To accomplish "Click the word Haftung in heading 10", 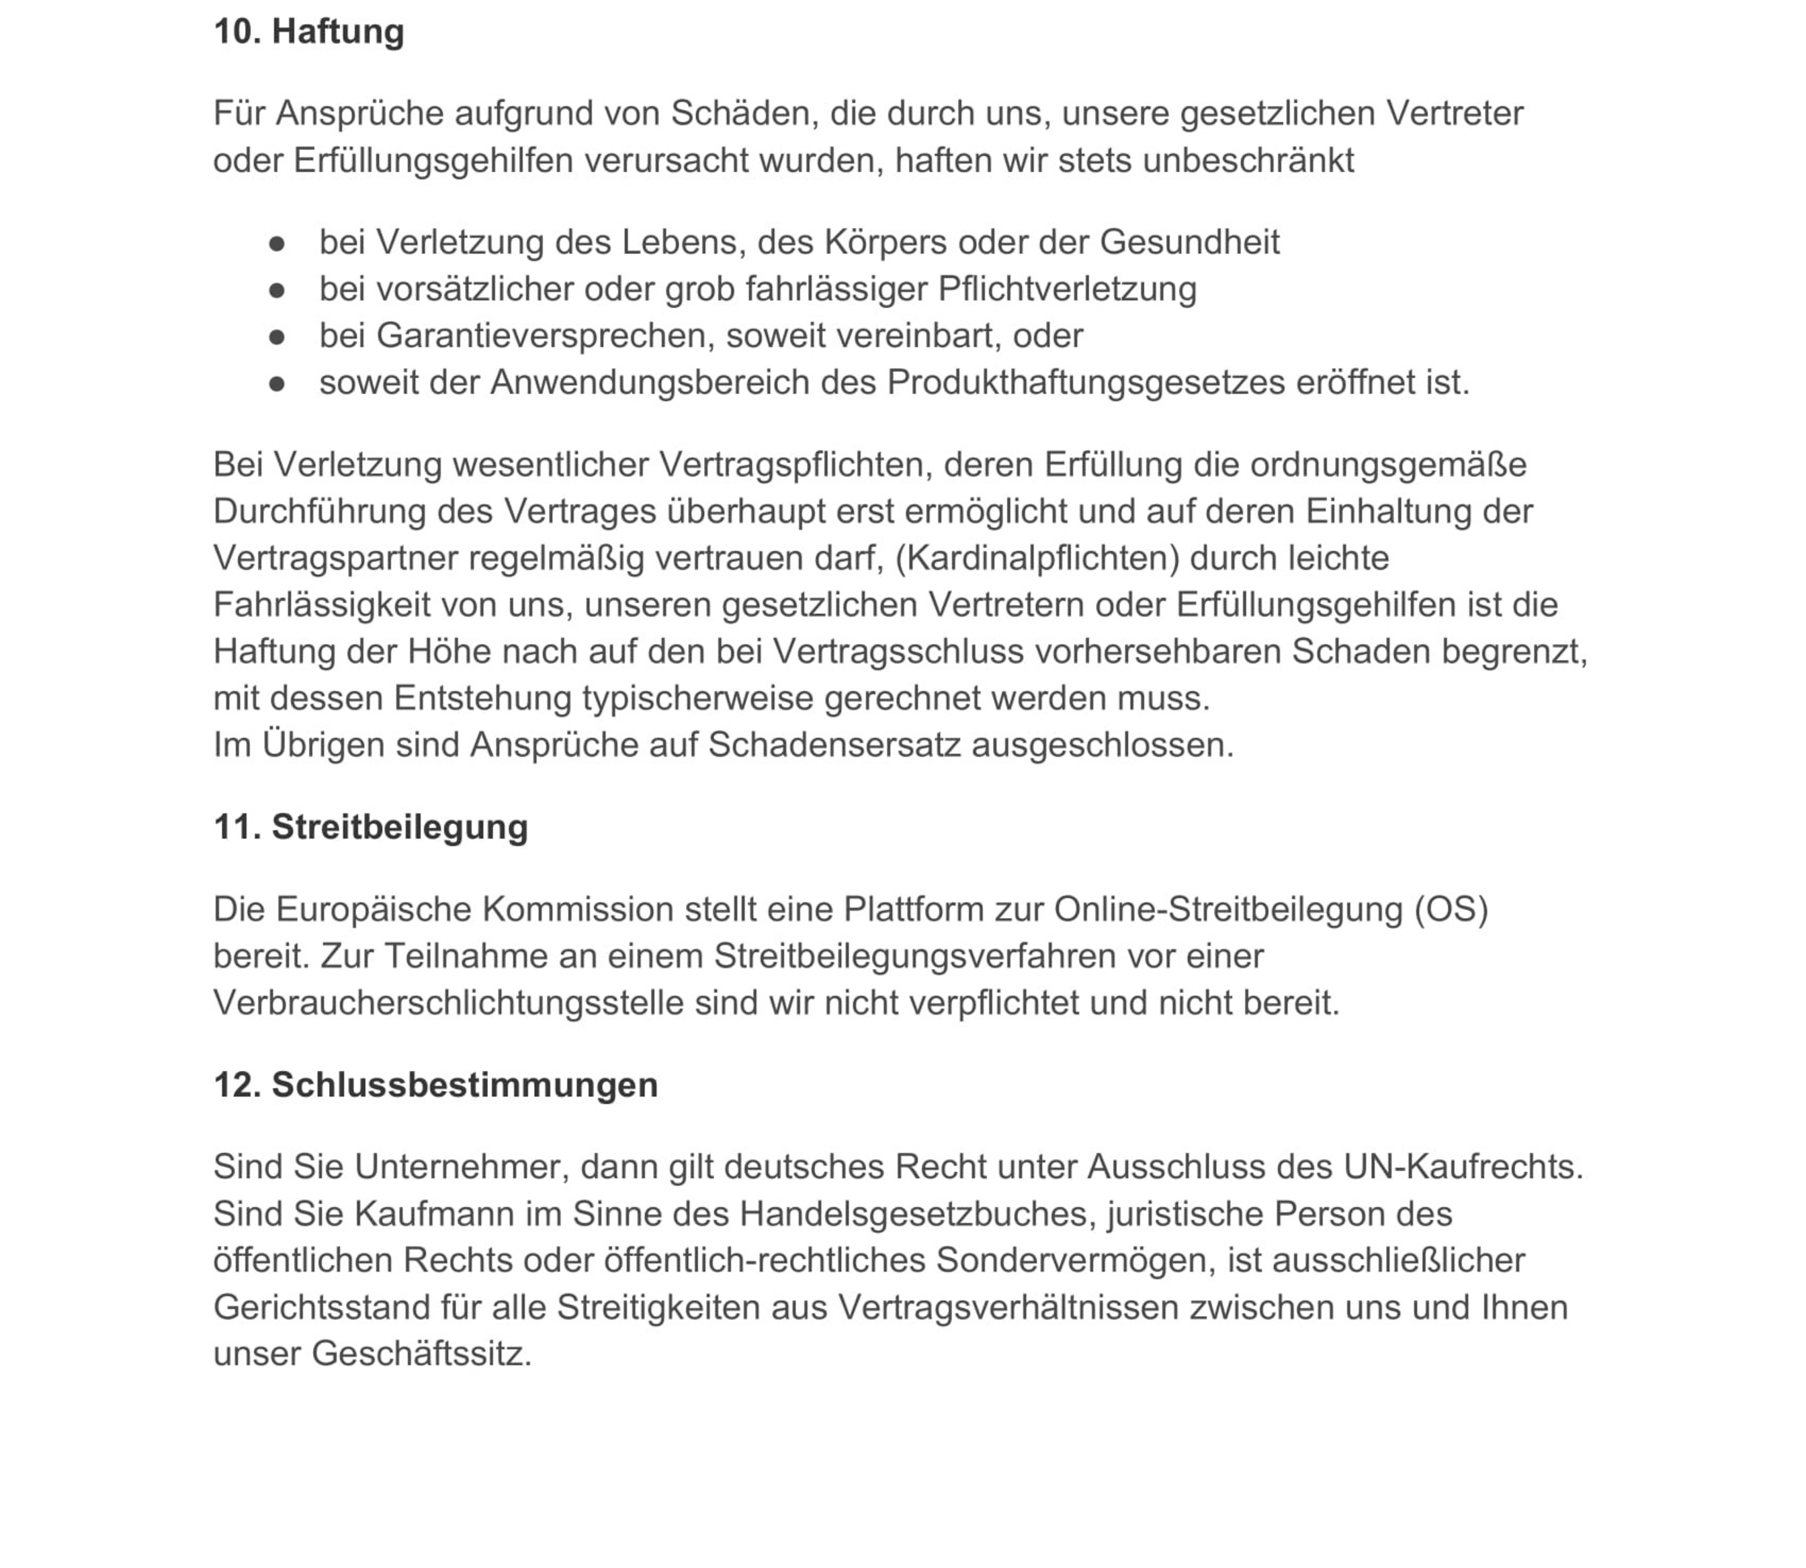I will (x=338, y=32).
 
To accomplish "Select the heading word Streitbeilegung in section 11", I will (x=399, y=827).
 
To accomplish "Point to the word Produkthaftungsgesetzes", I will (x=1086, y=382).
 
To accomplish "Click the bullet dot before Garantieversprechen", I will (x=277, y=336).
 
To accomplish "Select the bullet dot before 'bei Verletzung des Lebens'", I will (x=277, y=242).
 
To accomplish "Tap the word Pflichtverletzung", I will (x=1066, y=289).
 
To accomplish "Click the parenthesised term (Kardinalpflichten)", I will (x=1037, y=557).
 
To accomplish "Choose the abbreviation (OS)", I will (x=1451, y=909).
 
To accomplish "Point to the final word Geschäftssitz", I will (x=421, y=1354).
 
